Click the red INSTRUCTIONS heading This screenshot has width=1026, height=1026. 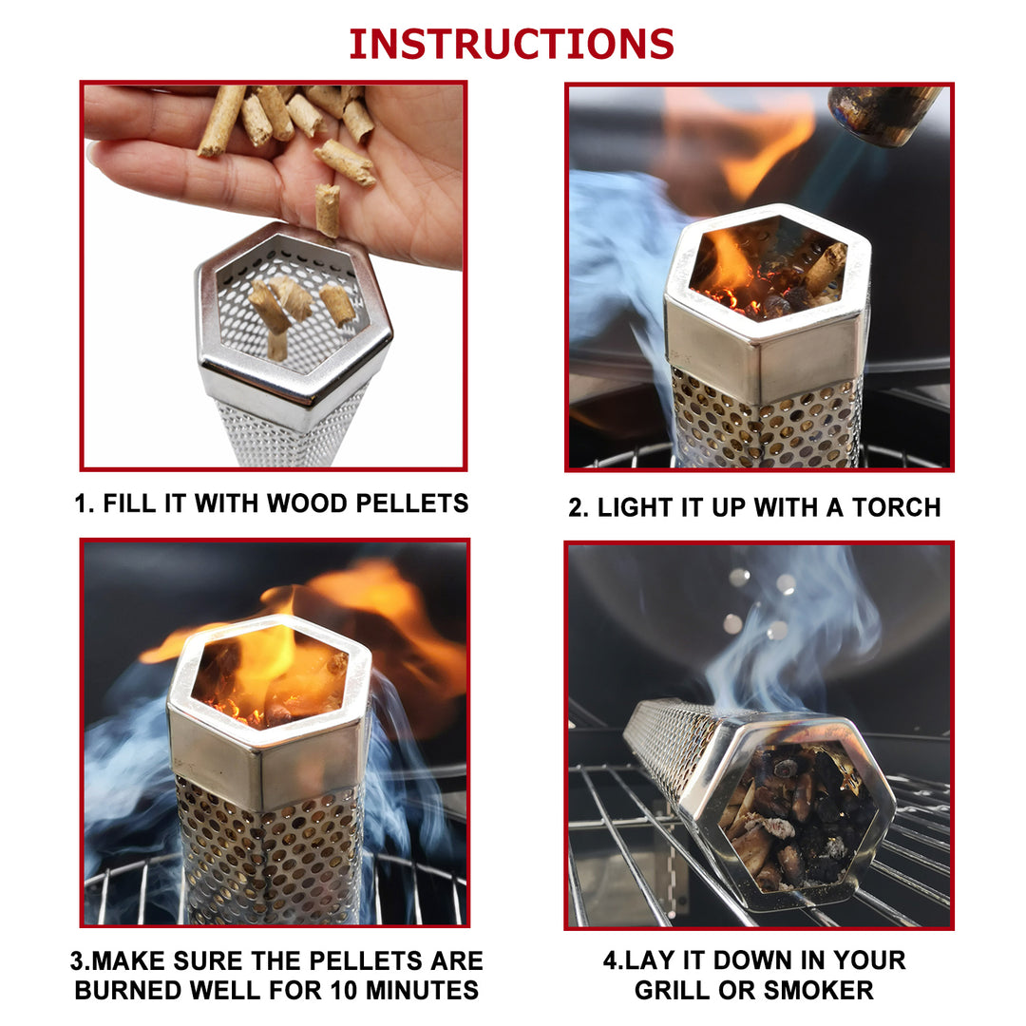pos(512,44)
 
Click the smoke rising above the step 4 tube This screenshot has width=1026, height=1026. pos(779,627)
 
